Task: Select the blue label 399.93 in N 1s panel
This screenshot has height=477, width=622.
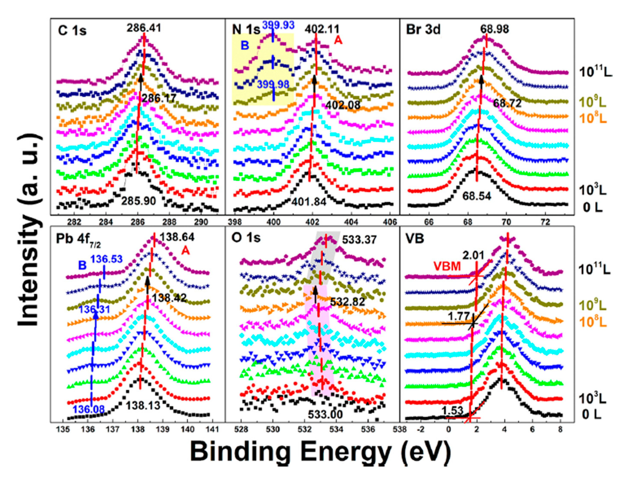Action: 278,25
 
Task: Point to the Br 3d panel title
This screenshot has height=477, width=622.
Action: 423,29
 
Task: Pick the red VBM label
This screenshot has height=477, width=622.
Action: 447,266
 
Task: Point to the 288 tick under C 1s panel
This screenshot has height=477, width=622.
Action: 169,222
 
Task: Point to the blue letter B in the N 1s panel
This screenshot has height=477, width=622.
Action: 245,45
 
